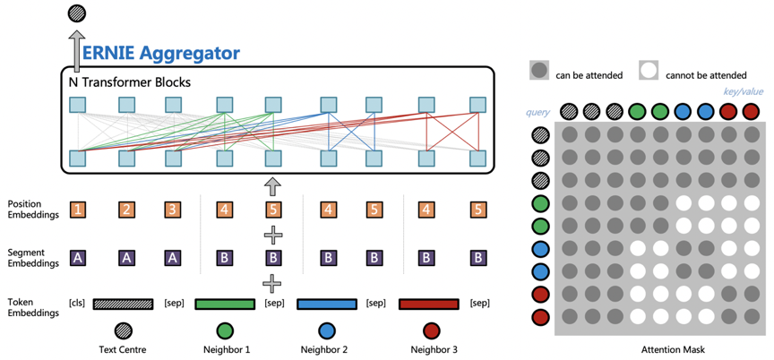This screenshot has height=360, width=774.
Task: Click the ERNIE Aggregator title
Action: click(161, 53)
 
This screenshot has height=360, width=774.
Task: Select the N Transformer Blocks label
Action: click(130, 82)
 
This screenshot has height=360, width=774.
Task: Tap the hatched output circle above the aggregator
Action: click(76, 13)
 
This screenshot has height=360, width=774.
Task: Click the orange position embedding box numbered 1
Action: click(78, 210)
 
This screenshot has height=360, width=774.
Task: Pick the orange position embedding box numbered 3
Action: click(173, 210)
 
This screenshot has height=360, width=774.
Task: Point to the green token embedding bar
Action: click(225, 304)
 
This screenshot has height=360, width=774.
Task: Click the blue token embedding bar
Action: click(327, 304)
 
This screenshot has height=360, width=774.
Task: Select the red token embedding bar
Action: click(428, 304)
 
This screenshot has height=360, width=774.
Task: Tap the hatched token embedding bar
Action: click(123, 304)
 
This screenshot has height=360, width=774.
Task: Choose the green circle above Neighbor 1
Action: click(225, 330)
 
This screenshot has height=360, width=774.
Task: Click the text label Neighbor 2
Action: click(323, 350)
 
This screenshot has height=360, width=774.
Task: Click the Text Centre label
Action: click(123, 350)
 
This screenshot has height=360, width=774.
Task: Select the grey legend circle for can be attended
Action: click(538, 71)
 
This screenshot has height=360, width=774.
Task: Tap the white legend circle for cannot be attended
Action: click(649, 71)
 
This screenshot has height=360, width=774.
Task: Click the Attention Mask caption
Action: click(674, 350)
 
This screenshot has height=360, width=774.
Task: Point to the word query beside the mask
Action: click(538, 113)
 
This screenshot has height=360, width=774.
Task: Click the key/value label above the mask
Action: click(744, 91)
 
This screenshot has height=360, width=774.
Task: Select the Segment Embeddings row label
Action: click(33, 257)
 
